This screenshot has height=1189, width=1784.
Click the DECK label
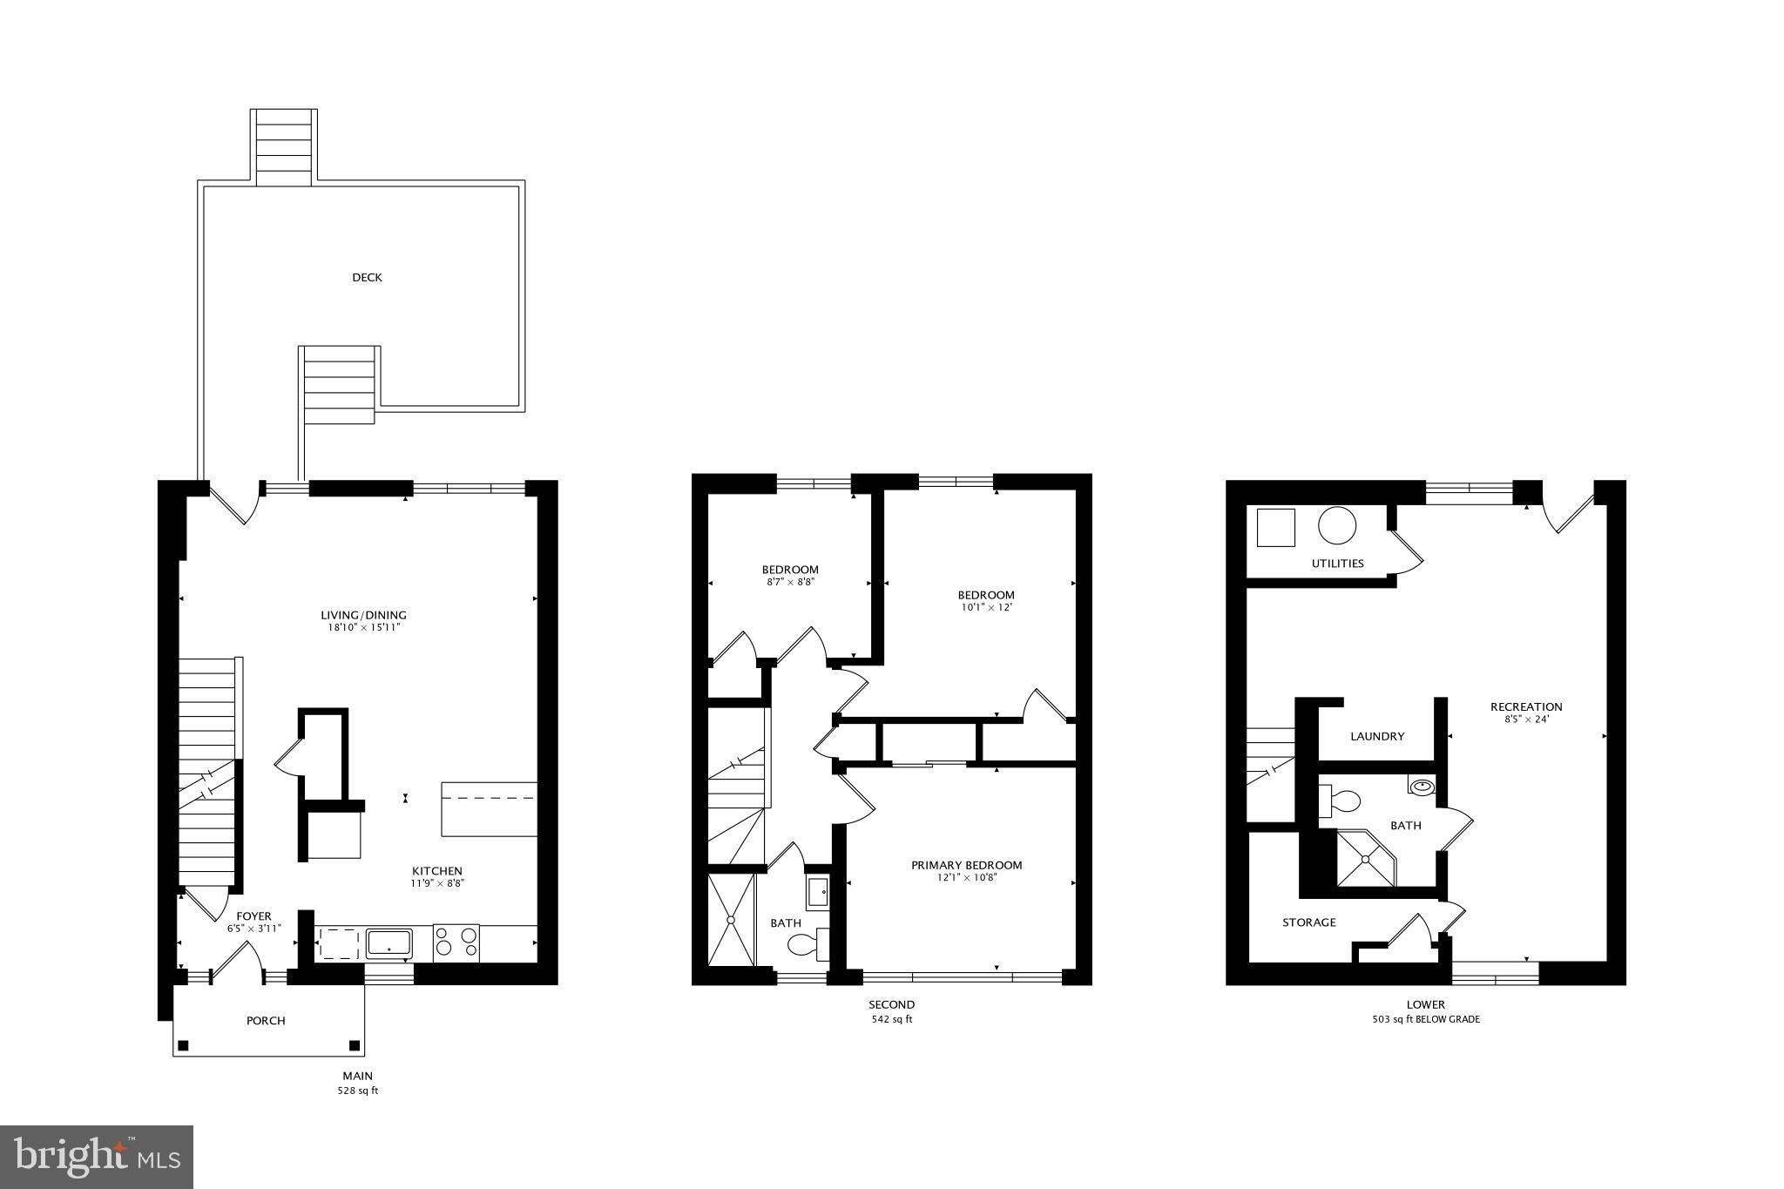[367, 278]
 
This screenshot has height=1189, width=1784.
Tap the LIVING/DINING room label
[363, 615]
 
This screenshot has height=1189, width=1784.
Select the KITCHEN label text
[436, 871]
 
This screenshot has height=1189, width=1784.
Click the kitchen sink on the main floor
[389, 943]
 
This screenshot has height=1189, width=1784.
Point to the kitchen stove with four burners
[456, 943]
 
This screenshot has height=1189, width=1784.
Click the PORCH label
[266, 1021]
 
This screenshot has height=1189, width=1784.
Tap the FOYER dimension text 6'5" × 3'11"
[253, 929]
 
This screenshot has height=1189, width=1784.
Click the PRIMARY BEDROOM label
[966, 865]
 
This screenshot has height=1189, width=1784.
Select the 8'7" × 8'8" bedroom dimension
[789, 582]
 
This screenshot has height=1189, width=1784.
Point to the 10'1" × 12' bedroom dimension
[985, 607]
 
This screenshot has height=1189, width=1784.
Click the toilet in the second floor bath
[807, 944]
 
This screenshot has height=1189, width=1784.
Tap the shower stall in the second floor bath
[731, 920]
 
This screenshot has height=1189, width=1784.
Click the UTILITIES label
[1337, 564]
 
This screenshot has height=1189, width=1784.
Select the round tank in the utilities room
[1336, 527]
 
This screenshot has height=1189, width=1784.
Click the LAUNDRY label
[1377, 736]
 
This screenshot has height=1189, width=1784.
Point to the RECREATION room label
[1525, 706]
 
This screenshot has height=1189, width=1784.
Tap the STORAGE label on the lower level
[1308, 922]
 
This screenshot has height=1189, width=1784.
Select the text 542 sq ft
[891, 1019]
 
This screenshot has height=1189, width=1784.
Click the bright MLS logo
[97, 1157]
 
